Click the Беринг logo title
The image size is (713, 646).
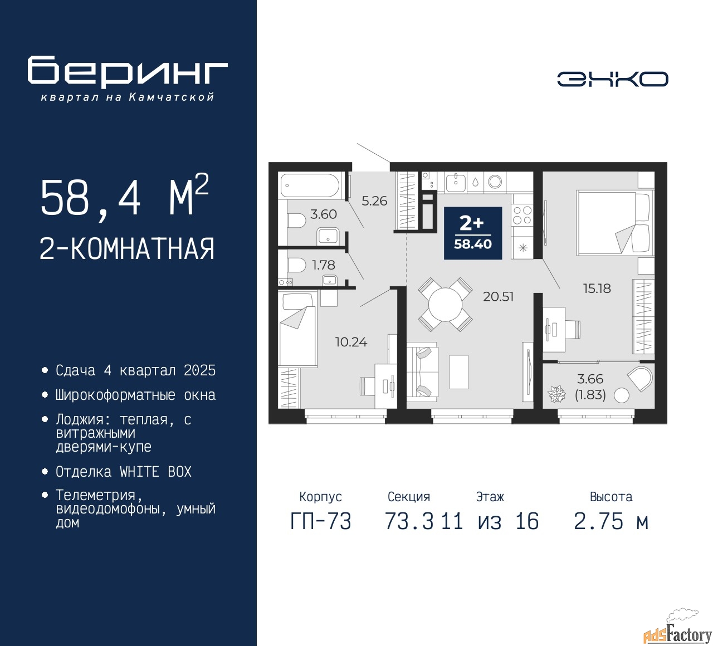[x=127, y=71]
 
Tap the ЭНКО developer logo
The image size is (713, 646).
[x=612, y=79]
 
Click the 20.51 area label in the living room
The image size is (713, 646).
[x=498, y=296]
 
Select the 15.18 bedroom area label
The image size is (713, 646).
[x=597, y=288]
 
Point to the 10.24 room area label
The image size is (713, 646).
[x=351, y=342]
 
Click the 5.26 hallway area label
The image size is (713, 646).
[x=374, y=201]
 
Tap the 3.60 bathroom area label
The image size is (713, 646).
[x=324, y=214]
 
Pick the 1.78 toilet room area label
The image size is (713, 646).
[x=324, y=265]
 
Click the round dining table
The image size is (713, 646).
[x=446, y=305]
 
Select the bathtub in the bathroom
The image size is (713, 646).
[x=309, y=185]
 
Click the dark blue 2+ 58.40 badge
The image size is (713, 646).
[x=473, y=233]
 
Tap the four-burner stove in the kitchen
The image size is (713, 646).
[x=522, y=215]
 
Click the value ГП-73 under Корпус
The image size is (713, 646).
[x=321, y=521]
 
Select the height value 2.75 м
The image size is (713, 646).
[x=611, y=521]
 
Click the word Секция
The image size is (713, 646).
[x=409, y=497]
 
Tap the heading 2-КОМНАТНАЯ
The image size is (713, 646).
[x=127, y=248]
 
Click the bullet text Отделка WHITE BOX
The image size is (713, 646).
[x=123, y=472]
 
